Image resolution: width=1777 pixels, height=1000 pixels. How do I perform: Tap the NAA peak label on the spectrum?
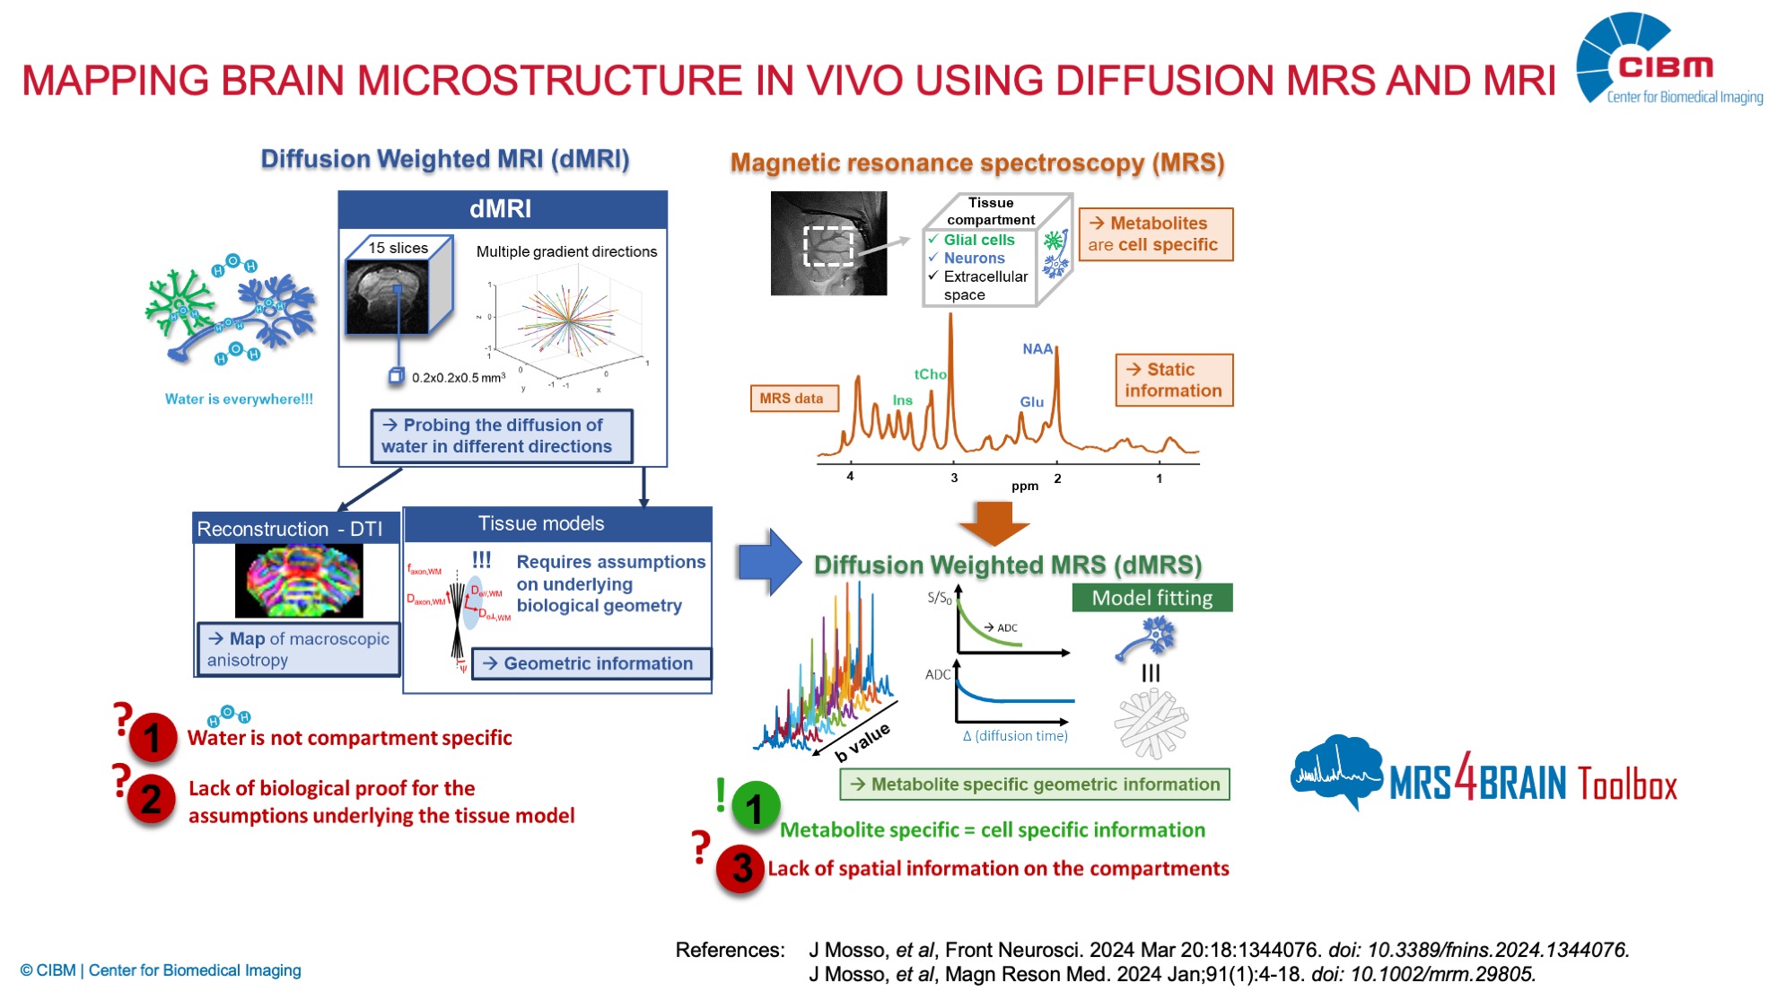click(1037, 349)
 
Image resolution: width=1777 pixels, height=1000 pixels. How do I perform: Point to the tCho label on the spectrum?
click(930, 374)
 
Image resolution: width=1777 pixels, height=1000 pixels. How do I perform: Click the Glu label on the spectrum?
click(1031, 402)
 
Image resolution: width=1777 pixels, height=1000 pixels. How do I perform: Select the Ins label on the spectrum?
click(902, 400)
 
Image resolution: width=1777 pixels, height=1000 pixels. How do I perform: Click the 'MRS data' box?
click(792, 399)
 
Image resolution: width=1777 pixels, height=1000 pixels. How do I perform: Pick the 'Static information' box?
click(1173, 381)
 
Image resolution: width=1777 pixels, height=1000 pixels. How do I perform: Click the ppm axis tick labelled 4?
click(850, 476)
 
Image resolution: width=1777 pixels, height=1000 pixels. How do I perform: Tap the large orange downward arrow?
click(994, 522)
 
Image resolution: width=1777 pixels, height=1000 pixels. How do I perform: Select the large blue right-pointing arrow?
click(769, 562)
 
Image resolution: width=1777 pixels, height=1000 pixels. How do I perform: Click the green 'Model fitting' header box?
click(1151, 598)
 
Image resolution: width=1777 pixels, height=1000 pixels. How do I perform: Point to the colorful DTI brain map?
click(299, 581)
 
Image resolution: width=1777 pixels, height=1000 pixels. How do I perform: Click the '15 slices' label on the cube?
click(398, 248)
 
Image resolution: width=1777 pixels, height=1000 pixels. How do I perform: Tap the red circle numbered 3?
click(741, 868)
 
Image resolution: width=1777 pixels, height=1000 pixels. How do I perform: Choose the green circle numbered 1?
click(755, 807)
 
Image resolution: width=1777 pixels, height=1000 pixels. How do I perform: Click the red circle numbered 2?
click(151, 799)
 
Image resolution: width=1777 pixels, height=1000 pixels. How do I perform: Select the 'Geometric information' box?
click(591, 663)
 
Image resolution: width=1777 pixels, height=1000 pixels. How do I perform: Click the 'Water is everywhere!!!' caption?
click(239, 399)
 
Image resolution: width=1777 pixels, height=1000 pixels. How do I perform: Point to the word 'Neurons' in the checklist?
click(974, 259)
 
